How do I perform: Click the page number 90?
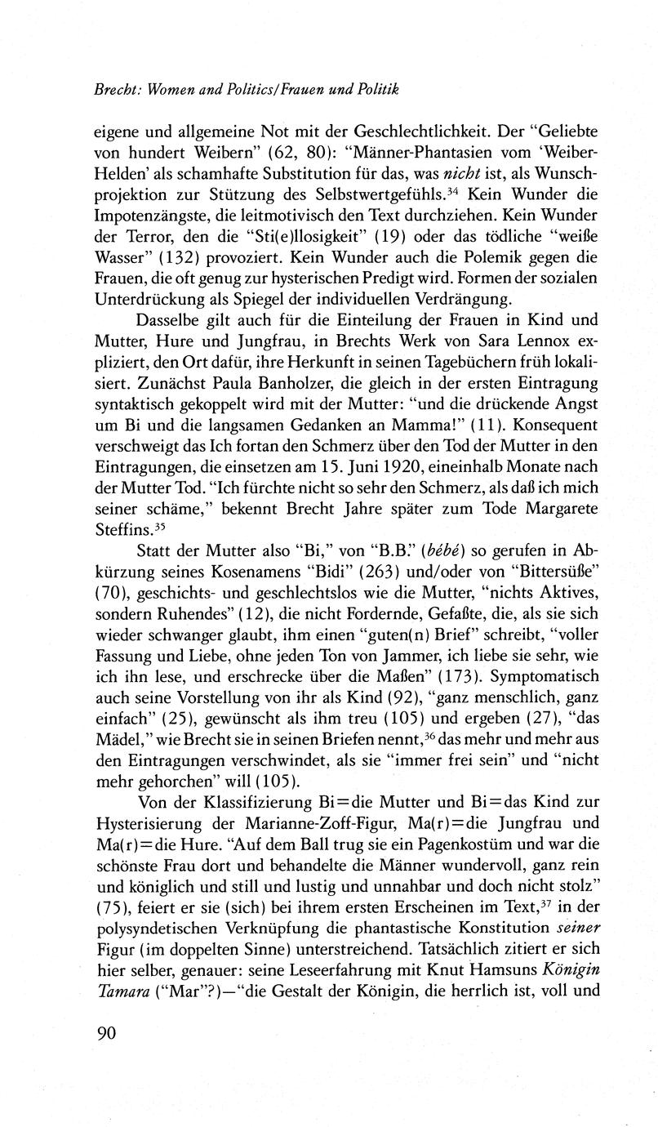tap(108, 1034)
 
